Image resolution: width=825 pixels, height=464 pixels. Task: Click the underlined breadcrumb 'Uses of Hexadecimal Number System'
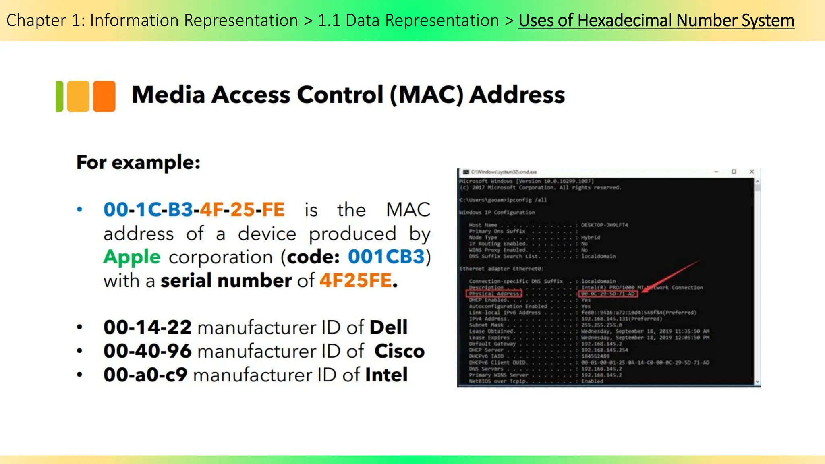pos(656,21)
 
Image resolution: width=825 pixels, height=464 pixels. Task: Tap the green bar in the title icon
pos(59,96)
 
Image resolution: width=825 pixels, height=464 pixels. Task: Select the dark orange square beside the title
pos(104,96)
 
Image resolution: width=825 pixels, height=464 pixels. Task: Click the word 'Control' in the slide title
pos(340,95)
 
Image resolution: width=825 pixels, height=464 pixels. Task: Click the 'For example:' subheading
pos(138,162)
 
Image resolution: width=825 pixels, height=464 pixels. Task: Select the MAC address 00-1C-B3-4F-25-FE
pos(194,209)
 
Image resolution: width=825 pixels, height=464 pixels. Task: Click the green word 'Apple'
pos(132,257)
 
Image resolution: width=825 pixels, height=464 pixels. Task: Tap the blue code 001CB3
pos(386,257)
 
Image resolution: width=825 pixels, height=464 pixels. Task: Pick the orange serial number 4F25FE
pos(356,280)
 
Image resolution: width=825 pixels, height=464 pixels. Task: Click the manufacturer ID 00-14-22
pos(147,327)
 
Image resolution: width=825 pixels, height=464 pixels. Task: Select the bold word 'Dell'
pos(388,327)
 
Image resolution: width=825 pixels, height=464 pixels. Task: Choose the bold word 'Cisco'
pos(399,351)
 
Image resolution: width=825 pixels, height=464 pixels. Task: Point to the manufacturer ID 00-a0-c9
pos(145,375)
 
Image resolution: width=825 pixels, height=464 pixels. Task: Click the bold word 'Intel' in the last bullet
pos(386,375)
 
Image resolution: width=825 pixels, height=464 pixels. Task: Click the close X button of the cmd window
pos(751,172)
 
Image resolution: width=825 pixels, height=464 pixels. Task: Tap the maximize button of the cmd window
pos(734,172)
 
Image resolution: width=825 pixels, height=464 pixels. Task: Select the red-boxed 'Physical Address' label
pos(494,294)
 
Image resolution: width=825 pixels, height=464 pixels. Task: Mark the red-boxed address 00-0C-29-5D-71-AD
pos(608,294)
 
